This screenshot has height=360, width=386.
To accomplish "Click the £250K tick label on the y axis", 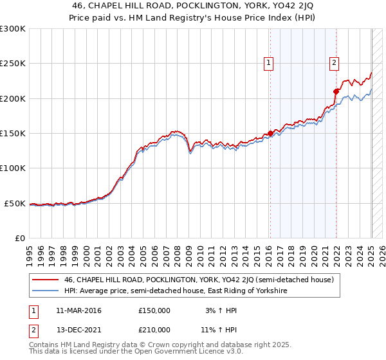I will pos(12,64).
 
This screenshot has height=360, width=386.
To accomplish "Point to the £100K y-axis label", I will pos(12,168).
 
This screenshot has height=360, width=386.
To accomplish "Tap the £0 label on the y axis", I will pos(20,238).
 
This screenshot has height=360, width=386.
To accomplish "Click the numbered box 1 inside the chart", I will pos(268,63).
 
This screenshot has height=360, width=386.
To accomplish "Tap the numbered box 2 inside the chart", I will pos(335,63).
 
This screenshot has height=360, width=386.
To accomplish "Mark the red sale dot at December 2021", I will pos(336,91).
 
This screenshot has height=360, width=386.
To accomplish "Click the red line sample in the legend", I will pos(45,280).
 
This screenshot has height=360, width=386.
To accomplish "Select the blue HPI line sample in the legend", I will pos(45,291).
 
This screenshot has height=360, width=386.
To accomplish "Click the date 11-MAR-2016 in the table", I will pos(78,310).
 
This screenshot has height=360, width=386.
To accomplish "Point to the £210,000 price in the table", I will pos(154,330).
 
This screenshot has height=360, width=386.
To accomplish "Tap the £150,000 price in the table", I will pos(154,310).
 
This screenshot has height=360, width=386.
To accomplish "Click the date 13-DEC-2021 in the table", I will pos(78,330).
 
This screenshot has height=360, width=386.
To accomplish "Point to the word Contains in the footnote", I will pos(46,346).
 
